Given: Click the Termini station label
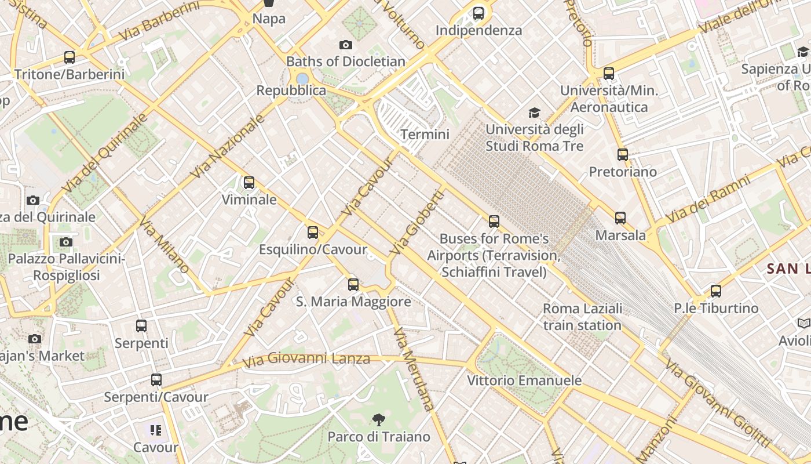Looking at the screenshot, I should coord(425,135).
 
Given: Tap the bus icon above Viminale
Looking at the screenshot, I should coord(249,183).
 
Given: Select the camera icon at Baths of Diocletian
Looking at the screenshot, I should coord(345,45).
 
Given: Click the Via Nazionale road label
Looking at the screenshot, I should coord(227,146).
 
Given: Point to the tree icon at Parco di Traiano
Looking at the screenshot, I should coord(379,419).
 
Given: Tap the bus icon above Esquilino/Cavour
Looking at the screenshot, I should coord(313,233).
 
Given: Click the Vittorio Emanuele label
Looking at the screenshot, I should coord(524,380).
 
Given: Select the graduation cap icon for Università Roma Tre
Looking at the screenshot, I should coord(534,113).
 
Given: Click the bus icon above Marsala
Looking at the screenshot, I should coord(620,218).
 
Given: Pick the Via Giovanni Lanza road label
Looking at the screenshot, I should coord(306,359).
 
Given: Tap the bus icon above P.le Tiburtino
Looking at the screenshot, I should coord(716,291).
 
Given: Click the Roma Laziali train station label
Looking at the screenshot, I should coord(582,317).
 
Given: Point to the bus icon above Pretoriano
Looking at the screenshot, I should coord(623,155).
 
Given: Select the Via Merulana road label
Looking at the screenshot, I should coord(414,369).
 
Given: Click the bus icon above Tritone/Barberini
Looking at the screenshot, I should coord(70,57).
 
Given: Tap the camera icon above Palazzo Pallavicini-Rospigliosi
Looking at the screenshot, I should coord(66,242).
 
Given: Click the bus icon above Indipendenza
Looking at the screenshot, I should coord(478,13).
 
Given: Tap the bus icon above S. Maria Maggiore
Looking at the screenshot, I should coord(353,285).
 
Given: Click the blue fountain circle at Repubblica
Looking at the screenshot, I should coord(302,78).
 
